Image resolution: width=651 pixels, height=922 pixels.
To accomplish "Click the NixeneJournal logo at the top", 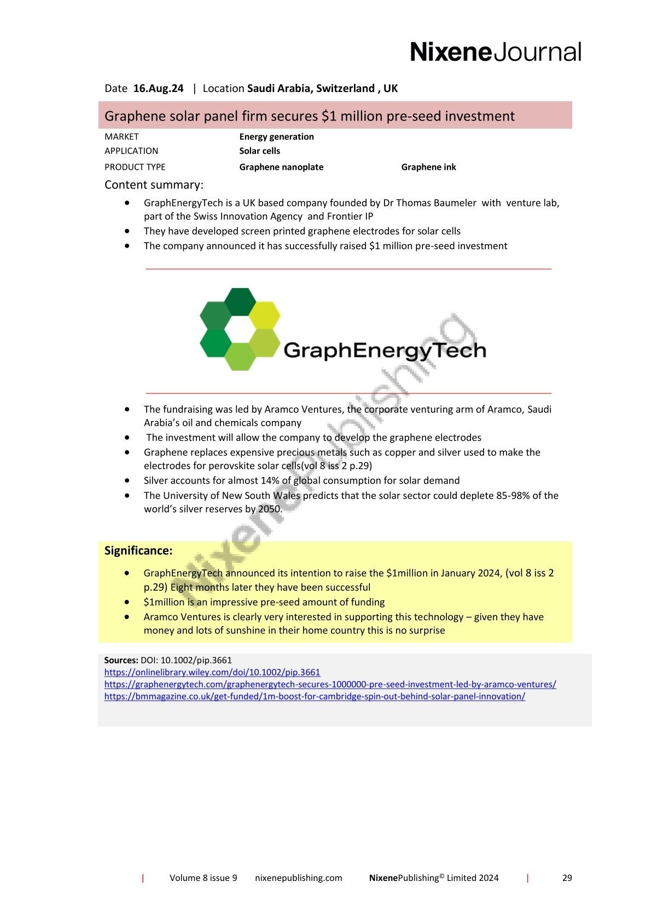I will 495,52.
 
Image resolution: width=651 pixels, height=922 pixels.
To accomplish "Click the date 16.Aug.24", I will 158,89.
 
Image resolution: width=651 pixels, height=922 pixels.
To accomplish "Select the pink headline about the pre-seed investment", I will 310,116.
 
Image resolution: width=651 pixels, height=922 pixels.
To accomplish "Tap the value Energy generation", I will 276,137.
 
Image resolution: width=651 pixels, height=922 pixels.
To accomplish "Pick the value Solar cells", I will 259,151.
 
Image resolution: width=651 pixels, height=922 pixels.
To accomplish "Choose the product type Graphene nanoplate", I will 281,167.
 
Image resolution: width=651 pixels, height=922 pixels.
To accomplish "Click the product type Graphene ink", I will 428,167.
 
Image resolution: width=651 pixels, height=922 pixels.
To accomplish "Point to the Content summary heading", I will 154,185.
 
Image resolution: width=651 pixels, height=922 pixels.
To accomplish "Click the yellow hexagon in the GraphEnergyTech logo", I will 264,315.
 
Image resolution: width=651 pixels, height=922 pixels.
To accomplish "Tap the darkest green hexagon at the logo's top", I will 240,301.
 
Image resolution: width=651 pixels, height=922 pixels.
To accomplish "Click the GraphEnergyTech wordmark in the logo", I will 385,350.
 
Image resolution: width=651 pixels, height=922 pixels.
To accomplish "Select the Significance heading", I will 138,551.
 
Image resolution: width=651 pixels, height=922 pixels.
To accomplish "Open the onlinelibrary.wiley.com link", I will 212,672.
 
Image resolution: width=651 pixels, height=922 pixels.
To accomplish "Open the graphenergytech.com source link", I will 330,684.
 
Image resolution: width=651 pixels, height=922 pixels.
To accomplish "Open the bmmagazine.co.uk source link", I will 315,696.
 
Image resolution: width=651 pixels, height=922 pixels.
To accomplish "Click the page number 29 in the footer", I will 567,878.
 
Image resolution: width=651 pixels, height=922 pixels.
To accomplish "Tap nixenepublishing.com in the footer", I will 298,878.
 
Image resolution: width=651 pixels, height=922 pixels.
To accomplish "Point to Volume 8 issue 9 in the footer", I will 203,878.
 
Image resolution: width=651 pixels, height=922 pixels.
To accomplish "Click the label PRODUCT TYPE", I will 135,167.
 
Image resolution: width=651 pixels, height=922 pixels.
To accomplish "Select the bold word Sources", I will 121,660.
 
